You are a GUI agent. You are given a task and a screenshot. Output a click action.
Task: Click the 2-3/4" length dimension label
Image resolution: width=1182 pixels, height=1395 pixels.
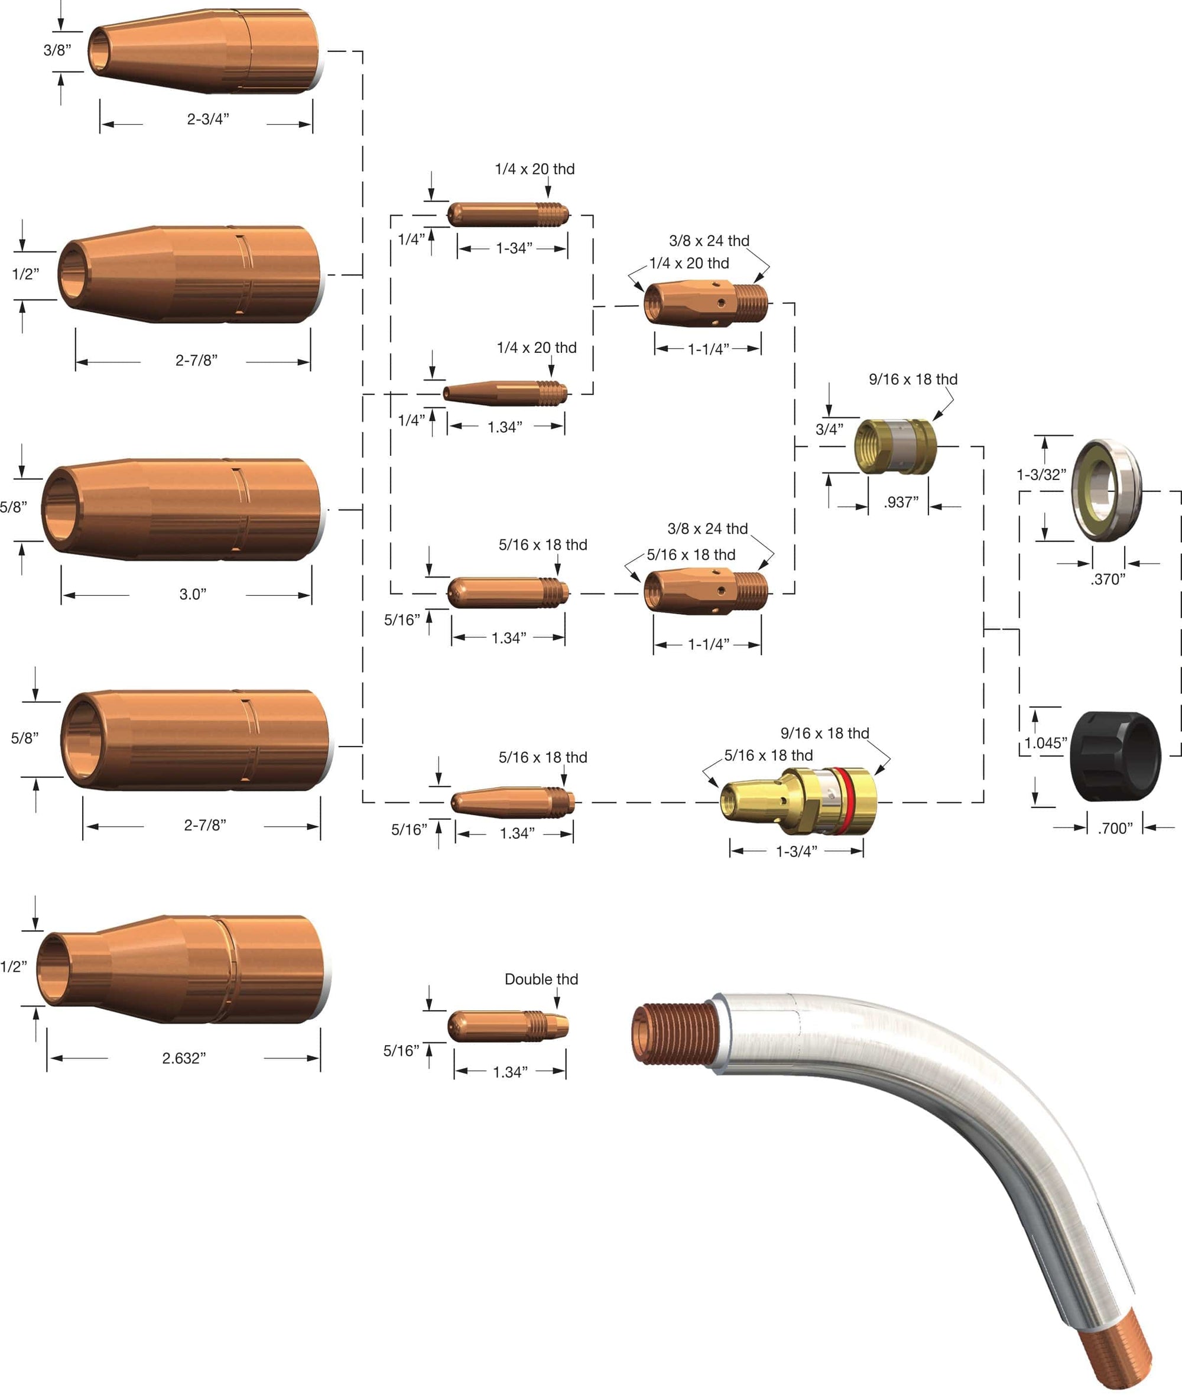[x=207, y=119]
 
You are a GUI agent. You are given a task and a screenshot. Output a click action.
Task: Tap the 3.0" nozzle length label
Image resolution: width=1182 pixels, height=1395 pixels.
[x=193, y=594]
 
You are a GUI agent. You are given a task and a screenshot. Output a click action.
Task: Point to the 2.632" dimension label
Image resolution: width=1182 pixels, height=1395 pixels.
[x=184, y=1058]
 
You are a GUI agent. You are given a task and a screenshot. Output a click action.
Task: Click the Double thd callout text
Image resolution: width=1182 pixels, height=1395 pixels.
[x=541, y=979]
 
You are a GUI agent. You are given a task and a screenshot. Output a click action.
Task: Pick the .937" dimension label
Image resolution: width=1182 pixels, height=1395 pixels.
[x=901, y=502]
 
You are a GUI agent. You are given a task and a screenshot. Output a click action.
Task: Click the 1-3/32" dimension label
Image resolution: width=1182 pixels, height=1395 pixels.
[x=1041, y=475]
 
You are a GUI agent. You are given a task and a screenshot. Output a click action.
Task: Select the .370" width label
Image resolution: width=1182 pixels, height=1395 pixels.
[x=1108, y=579]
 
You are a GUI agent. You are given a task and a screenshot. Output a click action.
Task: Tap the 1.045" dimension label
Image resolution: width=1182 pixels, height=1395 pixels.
[x=1046, y=743]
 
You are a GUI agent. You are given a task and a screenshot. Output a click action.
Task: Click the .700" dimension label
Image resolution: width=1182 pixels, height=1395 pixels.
[x=1115, y=828]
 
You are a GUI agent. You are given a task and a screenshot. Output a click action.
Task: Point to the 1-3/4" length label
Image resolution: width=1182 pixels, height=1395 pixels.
[x=797, y=852]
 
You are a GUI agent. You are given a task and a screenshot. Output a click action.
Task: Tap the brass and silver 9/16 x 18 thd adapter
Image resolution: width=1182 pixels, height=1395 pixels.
[x=896, y=446]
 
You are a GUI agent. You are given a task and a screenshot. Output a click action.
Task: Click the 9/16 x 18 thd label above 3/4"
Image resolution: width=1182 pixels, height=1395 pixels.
[x=913, y=379]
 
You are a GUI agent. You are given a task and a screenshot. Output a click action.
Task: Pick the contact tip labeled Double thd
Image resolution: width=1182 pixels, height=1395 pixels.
[x=508, y=1026]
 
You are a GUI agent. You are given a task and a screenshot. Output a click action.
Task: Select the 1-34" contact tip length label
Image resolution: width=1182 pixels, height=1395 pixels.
[x=514, y=248]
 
